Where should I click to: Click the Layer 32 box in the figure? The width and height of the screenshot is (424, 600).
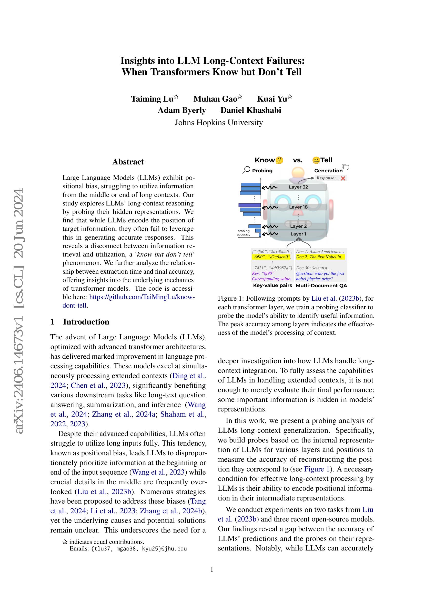point(298,187)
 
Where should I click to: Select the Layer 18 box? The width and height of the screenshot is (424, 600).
point(298,207)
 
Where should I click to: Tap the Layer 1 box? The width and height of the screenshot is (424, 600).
point(298,234)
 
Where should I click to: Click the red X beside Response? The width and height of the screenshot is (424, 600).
point(343,179)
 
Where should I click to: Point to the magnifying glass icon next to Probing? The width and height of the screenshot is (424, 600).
point(246,170)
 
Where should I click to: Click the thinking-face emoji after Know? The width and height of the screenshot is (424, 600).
point(279,160)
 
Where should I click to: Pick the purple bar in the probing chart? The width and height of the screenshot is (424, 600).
point(250,205)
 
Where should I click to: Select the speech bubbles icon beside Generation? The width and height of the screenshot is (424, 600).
point(345,167)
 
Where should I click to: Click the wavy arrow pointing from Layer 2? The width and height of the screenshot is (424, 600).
point(270,226)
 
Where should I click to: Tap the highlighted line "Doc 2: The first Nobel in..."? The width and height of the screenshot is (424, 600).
point(320,257)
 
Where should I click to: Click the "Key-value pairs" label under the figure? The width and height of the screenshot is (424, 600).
point(272,285)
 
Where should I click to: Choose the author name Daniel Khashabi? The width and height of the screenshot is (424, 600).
point(251,110)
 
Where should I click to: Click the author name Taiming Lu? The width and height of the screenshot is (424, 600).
point(152,99)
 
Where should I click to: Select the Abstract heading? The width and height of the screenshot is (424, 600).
point(128,162)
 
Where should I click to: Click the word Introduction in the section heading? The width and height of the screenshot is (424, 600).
point(86,322)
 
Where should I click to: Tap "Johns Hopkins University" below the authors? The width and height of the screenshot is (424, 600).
point(218,123)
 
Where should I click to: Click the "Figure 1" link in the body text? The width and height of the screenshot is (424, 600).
point(316,469)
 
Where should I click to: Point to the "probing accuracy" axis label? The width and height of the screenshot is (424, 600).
point(243,233)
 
